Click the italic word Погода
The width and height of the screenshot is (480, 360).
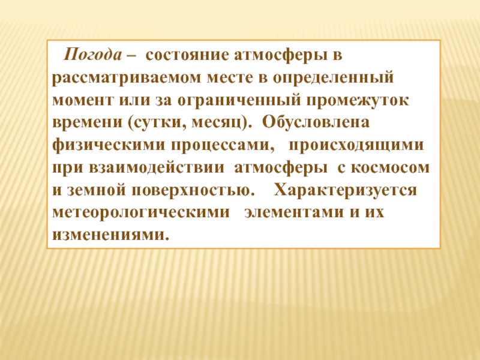pos(94,56)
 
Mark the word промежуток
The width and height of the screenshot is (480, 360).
pos(361,101)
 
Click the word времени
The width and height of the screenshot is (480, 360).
pos(82,123)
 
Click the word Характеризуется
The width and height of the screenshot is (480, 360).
pos(345,190)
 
